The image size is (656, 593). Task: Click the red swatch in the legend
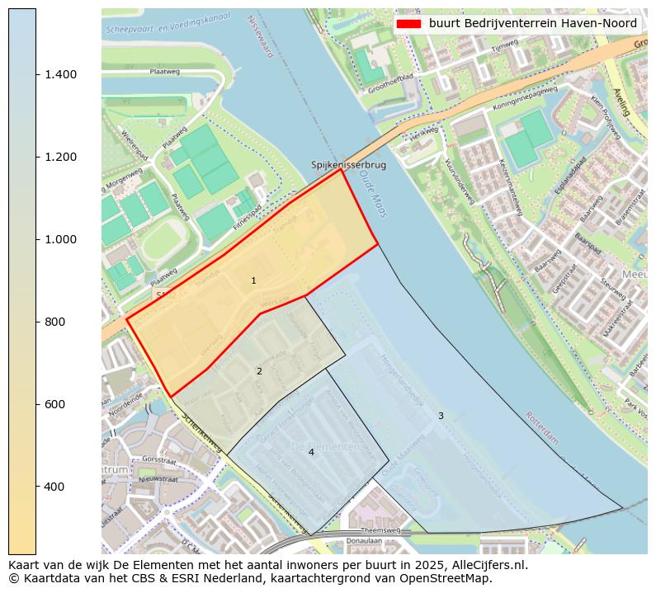point(408,23)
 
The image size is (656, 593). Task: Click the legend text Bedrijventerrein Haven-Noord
point(532,23)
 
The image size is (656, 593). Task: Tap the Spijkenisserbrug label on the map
point(348,165)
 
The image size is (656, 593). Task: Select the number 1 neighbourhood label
point(253,281)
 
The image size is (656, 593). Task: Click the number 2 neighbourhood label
point(259,371)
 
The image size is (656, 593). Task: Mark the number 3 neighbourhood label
point(441,416)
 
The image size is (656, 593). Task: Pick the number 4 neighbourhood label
point(311,452)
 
